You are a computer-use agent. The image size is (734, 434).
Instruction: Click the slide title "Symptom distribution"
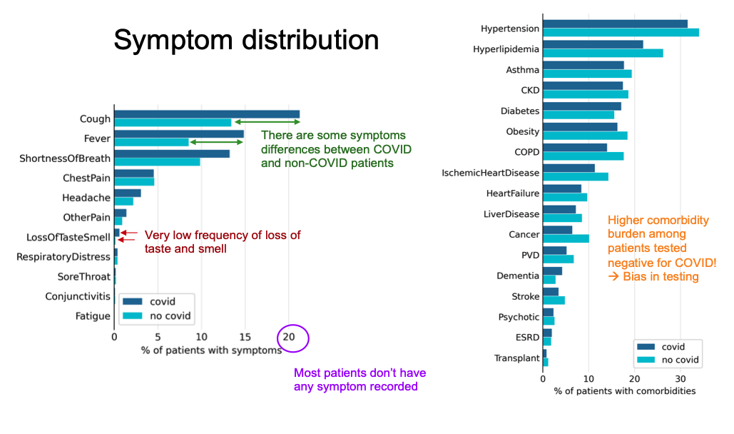pos(246,40)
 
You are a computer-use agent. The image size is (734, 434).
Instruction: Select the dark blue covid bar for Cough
pos(207,114)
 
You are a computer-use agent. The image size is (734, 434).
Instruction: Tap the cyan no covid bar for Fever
pos(151,142)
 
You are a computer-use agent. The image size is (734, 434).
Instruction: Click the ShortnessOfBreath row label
pos(65,158)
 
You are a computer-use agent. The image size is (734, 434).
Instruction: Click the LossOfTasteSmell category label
pos(68,237)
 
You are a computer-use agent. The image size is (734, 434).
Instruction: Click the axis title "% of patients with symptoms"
pos(201,350)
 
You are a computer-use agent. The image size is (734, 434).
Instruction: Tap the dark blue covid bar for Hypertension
pos(615,24)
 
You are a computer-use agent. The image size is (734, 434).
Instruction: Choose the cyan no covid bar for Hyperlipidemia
pos(603,53)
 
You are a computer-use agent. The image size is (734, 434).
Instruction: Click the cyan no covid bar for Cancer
pos(566,238)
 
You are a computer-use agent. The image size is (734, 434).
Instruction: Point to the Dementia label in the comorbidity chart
pos(518,276)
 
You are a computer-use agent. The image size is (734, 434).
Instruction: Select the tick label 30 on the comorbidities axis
pos(681,378)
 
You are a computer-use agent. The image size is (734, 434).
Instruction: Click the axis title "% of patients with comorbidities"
pos(624,391)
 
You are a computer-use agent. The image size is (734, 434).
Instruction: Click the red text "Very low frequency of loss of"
pos(223,235)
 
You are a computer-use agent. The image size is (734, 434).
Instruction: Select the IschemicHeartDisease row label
pos(491,173)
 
